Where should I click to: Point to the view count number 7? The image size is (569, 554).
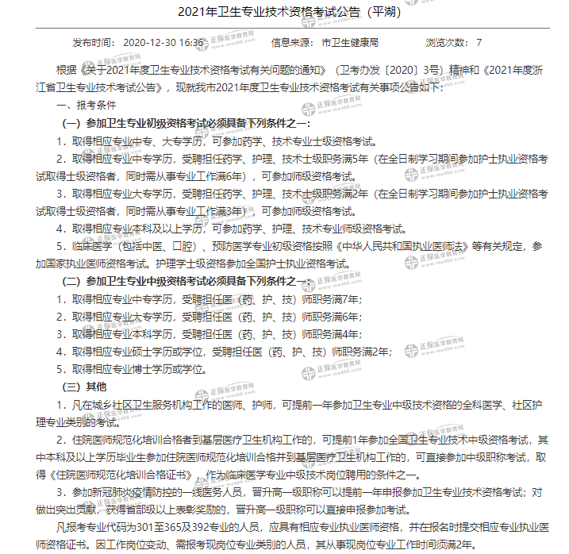(479, 42)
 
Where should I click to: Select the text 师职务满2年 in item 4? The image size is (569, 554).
(364, 352)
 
